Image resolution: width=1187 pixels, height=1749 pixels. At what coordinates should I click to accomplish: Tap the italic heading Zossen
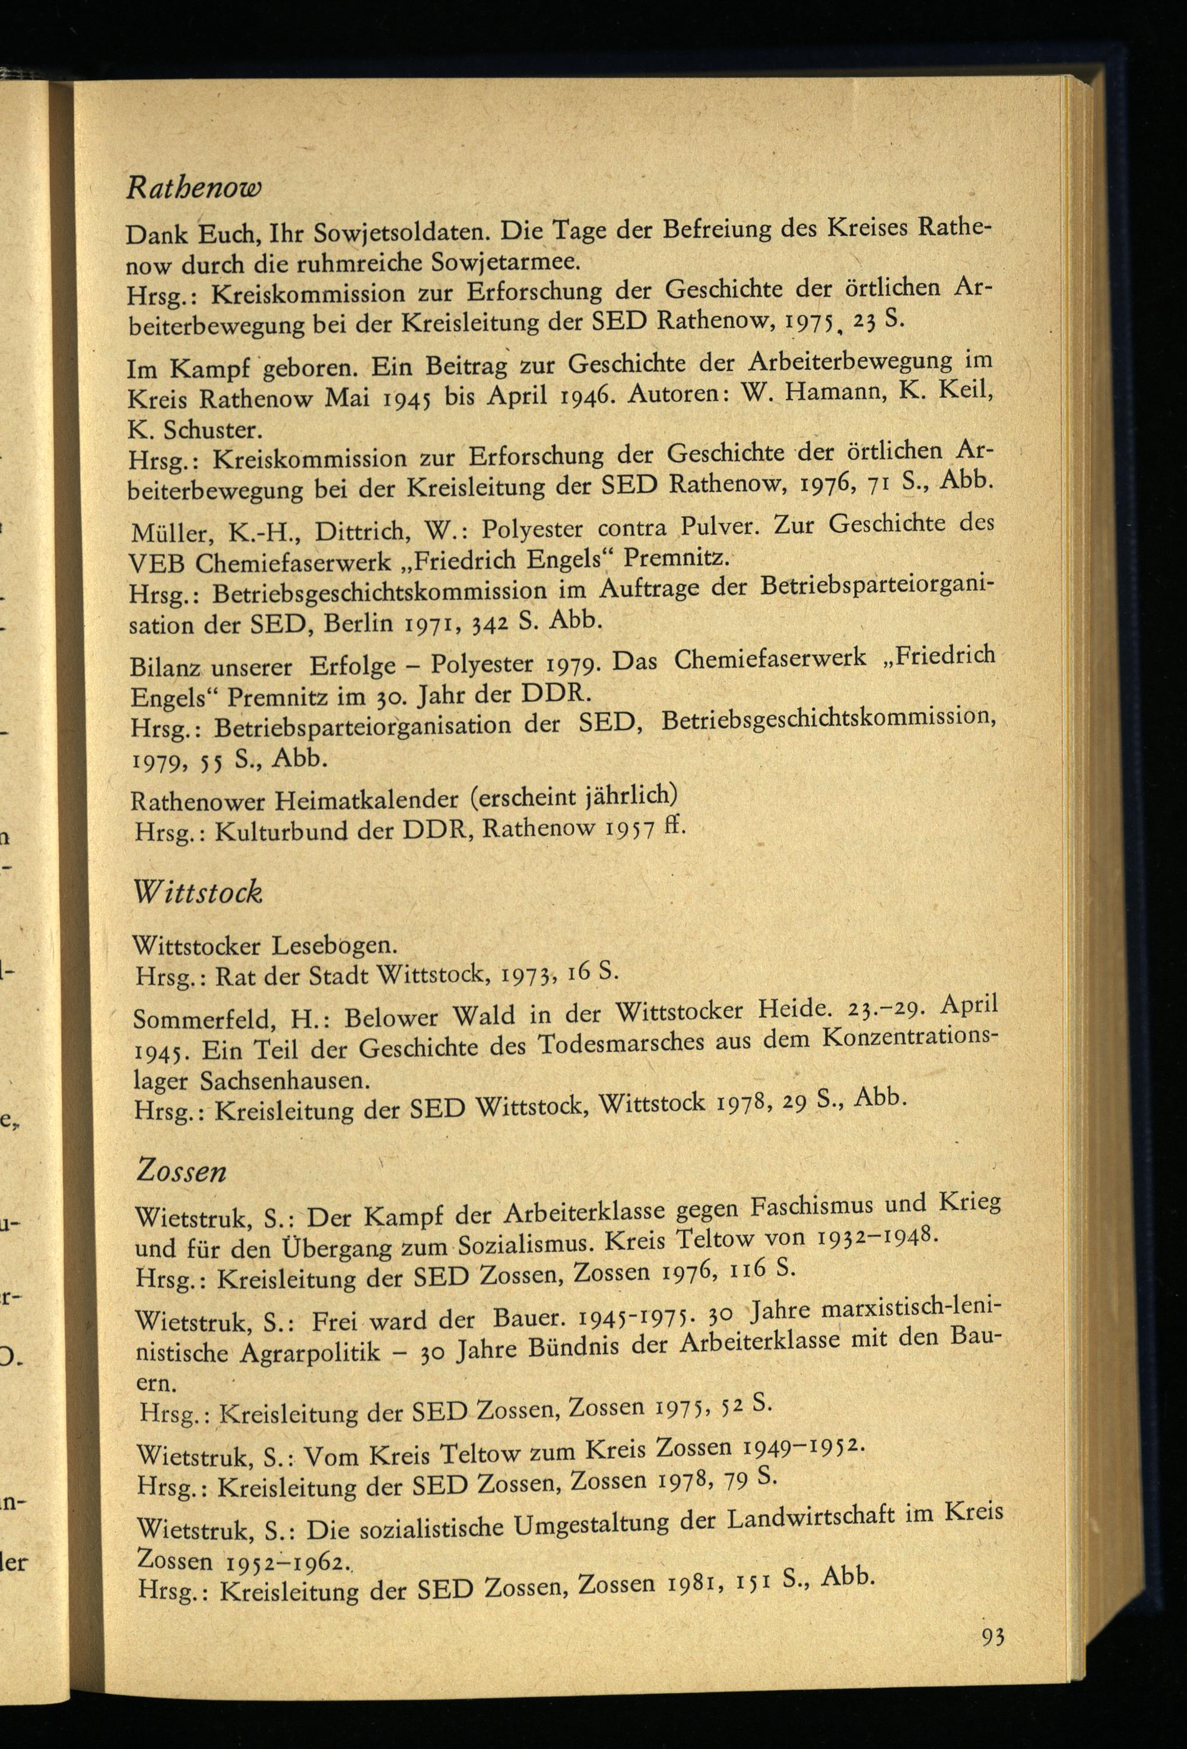coord(182,1171)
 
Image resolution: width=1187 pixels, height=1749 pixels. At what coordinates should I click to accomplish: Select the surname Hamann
coord(830,393)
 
